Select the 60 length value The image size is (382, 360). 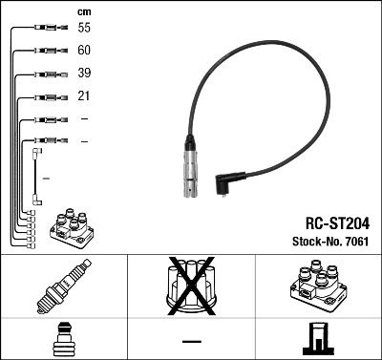pyautogui.click(x=84, y=52)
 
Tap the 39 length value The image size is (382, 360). pyautogui.click(x=84, y=74)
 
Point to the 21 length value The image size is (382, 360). pyautogui.click(x=84, y=96)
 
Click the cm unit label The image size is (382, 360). pyautogui.click(x=84, y=11)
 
